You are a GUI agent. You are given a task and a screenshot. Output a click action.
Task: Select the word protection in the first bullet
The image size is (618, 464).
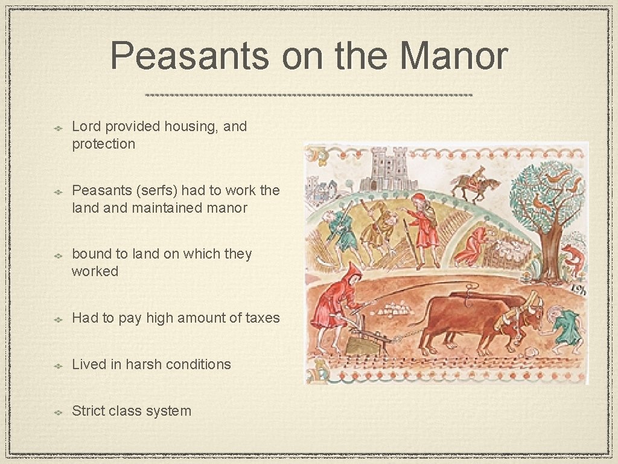pyautogui.click(x=103, y=144)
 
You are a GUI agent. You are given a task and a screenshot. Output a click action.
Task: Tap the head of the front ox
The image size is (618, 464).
pyautogui.click(x=531, y=314)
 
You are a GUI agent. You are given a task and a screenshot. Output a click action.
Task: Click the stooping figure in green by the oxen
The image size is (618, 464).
pyautogui.click(x=566, y=329)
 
